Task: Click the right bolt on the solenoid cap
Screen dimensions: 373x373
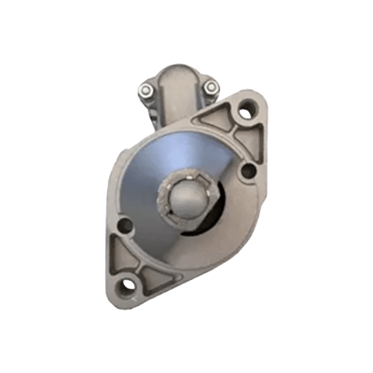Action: (212, 89)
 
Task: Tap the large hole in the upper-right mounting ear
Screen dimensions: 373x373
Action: (245, 113)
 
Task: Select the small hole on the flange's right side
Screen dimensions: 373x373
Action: (249, 172)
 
